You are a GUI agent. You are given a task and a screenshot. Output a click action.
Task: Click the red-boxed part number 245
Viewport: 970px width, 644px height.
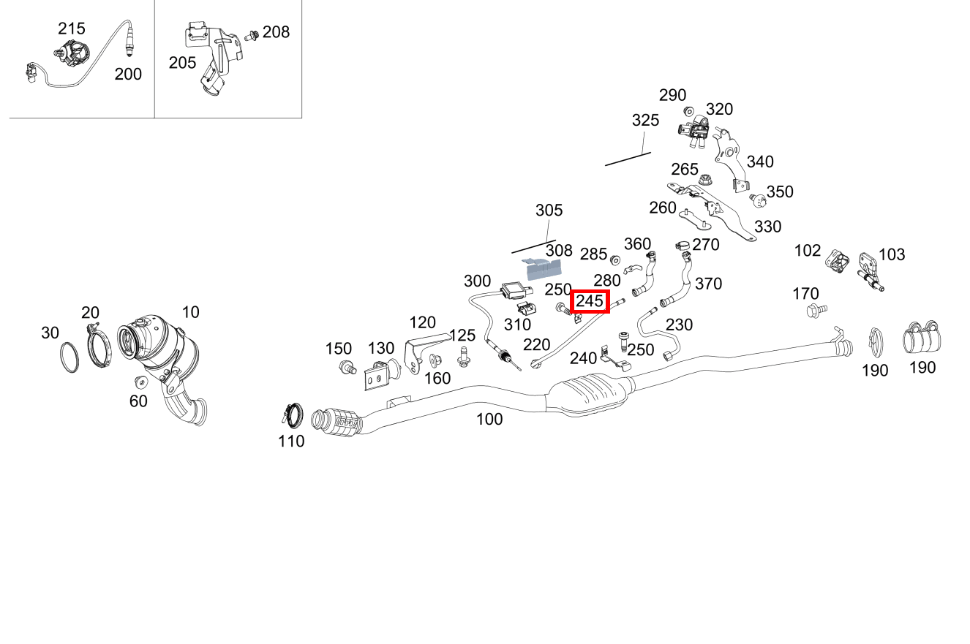[x=590, y=300]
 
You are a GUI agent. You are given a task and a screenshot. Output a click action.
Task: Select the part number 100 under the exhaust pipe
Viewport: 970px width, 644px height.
[x=489, y=419]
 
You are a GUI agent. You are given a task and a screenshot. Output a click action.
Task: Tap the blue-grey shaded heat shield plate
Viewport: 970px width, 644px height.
[x=542, y=268]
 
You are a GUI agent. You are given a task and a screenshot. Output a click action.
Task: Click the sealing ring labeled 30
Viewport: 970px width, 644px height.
[x=69, y=357]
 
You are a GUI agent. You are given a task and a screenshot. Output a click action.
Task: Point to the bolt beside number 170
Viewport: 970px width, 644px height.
[x=816, y=311]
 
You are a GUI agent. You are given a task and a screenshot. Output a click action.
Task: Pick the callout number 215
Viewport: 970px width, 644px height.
[x=72, y=29]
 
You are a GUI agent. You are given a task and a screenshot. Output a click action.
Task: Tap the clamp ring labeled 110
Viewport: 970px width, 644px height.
[x=293, y=414]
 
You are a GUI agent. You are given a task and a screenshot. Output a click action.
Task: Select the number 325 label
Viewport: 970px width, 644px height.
[x=645, y=120]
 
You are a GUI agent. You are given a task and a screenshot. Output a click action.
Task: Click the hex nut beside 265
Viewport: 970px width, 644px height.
[x=706, y=180]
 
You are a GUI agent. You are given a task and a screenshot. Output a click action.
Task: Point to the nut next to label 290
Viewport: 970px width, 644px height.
[x=689, y=111]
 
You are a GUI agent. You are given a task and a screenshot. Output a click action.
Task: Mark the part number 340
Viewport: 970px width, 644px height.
[x=760, y=162]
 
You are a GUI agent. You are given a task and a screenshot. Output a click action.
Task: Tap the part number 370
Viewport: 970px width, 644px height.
[x=708, y=284]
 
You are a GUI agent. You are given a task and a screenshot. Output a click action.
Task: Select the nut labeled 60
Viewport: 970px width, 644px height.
[x=140, y=382]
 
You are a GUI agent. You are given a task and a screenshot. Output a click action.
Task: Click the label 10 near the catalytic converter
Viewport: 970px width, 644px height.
[x=190, y=311]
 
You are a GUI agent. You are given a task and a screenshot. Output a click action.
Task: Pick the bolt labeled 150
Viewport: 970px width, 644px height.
[x=347, y=367]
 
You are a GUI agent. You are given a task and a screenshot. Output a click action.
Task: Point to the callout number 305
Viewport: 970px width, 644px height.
[x=549, y=210]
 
